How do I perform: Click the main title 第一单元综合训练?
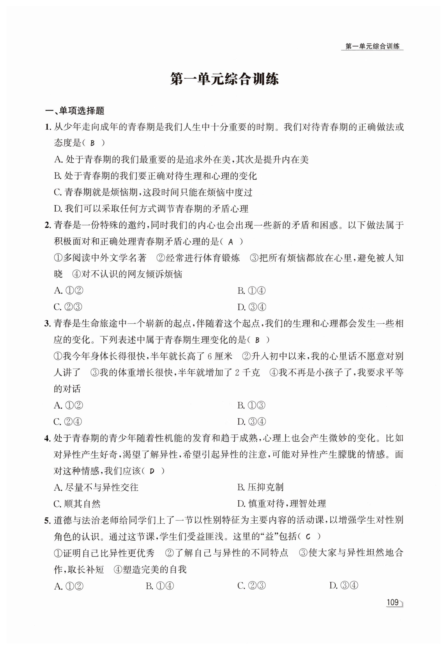224,79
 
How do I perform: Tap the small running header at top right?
372,46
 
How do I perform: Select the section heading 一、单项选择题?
75,111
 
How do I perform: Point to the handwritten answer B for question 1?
93,143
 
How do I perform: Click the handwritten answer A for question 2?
231,242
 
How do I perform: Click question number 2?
47,225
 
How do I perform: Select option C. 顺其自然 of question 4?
77,504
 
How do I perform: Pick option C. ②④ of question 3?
68,422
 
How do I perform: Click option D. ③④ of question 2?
251,307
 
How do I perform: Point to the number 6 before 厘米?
210,357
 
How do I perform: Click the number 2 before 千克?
237,373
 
